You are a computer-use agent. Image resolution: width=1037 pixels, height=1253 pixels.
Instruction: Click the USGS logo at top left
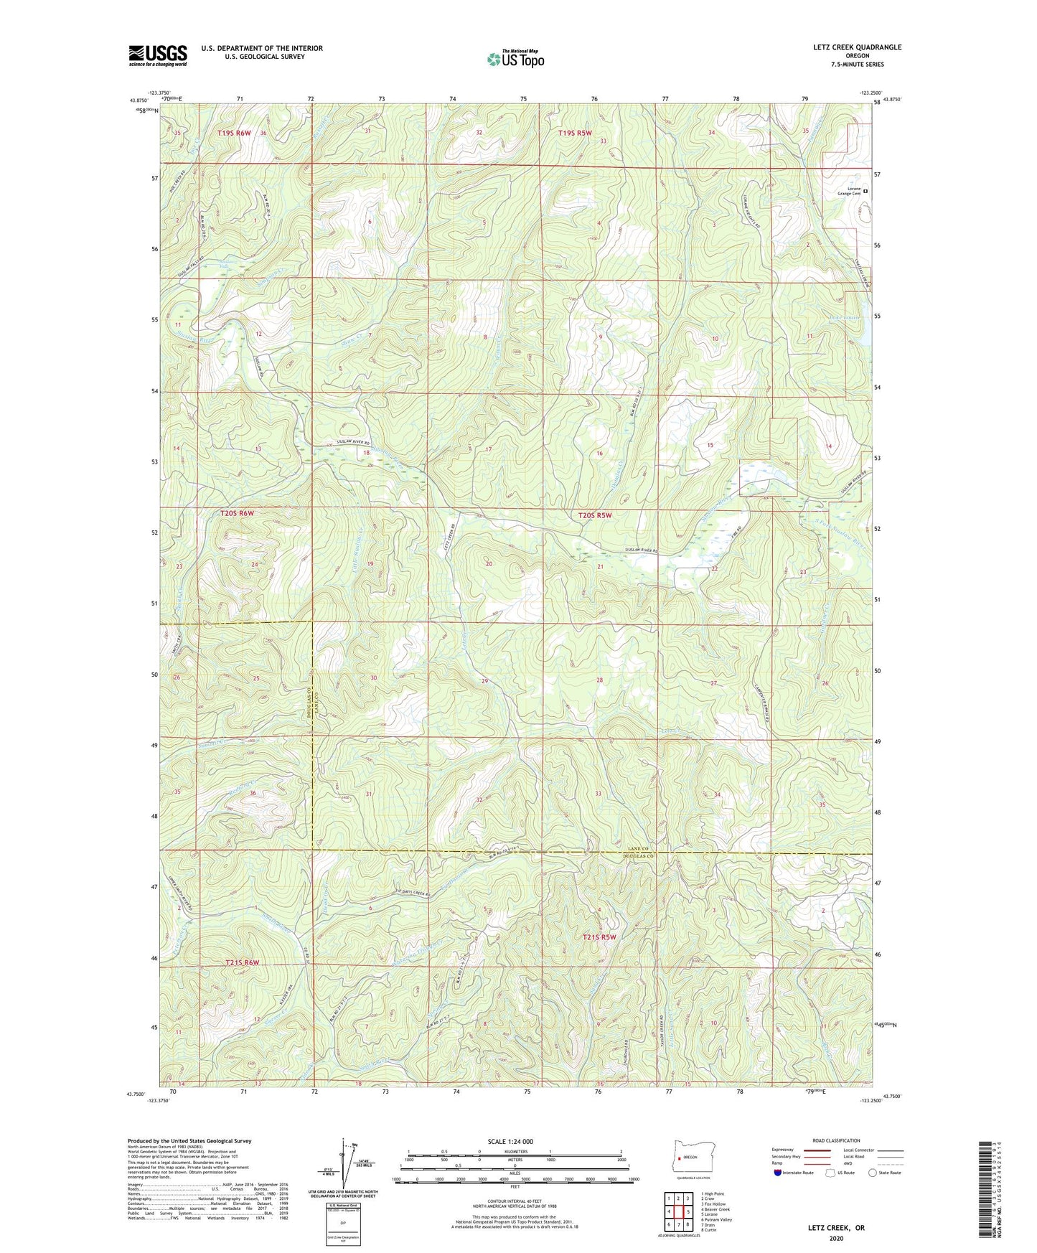pyautogui.click(x=158, y=55)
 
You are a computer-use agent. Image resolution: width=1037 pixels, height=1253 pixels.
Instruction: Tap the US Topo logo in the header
pyautogui.click(x=515, y=60)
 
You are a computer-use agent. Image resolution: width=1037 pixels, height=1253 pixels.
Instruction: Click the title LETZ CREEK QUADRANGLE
pyautogui.click(x=851, y=47)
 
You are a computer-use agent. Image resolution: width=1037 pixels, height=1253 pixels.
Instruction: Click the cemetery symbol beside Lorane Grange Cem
pyautogui.click(x=865, y=191)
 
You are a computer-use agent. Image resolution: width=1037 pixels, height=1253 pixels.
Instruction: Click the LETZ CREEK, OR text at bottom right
pyautogui.click(x=836, y=1228)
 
